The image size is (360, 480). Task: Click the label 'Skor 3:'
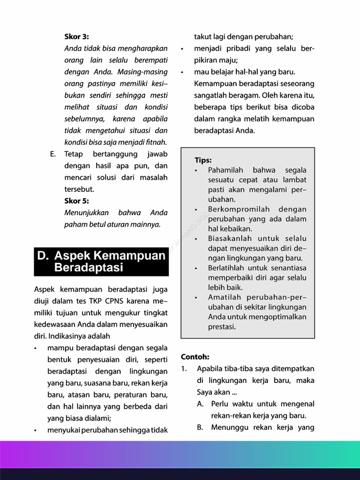tap(76, 37)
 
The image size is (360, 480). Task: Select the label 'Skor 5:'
tap(76, 201)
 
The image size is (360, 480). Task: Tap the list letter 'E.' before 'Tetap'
tap(53, 154)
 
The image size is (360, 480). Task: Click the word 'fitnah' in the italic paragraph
tap(156, 142)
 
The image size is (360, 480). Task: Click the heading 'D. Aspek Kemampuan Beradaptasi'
tap(101, 262)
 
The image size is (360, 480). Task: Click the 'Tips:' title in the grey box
tap(203, 160)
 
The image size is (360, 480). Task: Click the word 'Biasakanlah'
tap(230, 239)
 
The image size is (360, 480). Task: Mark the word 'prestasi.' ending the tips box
tap(222, 327)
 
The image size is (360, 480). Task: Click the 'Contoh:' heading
tap(195, 357)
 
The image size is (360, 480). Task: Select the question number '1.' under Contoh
tap(184, 368)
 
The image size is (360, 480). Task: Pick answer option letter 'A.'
tap(200, 404)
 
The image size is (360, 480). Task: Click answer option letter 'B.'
tap(200, 427)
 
